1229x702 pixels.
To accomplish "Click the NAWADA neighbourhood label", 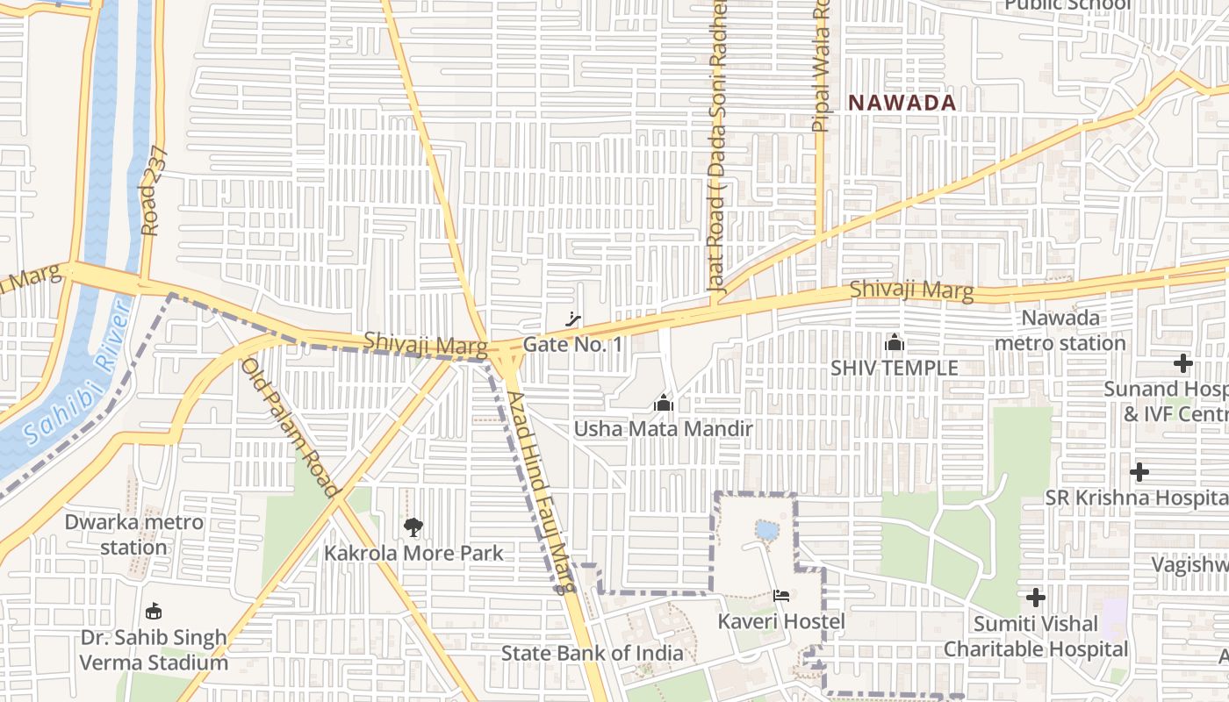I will [x=902, y=103].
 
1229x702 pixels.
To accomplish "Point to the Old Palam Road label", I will [x=289, y=427].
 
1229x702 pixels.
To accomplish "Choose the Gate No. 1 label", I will [x=572, y=345].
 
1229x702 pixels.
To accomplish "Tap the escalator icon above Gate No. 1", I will [x=574, y=319].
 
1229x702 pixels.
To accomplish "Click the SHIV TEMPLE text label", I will [x=895, y=368].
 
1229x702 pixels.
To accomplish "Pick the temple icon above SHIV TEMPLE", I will [x=895, y=342].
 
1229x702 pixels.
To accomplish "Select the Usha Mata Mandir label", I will [x=664, y=429].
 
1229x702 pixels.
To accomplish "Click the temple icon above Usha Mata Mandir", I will [x=664, y=404].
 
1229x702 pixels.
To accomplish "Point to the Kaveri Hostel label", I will [x=781, y=621].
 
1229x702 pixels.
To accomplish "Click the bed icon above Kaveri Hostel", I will [x=781, y=596].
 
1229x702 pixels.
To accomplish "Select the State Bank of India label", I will [x=592, y=653].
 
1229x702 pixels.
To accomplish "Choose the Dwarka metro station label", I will [x=133, y=534].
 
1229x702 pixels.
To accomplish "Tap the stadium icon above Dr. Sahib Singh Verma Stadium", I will [x=154, y=611].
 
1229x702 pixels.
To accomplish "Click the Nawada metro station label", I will [x=1060, y=330].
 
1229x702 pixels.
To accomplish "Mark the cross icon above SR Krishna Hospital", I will [x=1139, y=472].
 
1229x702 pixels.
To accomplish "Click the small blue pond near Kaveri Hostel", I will [x=766, y=530].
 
